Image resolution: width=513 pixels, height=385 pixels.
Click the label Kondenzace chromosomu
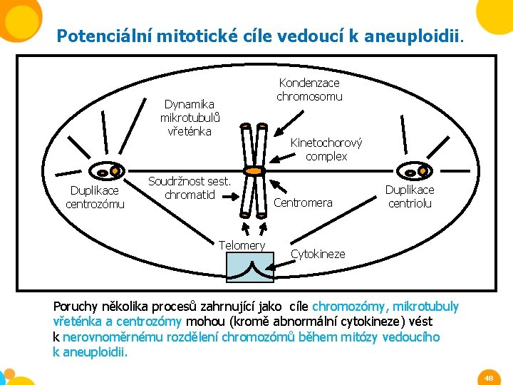pos(309,90)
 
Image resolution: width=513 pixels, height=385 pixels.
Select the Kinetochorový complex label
pos(326,150)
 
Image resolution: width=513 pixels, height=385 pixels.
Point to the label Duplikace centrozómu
pos(95,197)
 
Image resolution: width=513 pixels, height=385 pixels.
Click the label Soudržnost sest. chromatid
pos(189,188)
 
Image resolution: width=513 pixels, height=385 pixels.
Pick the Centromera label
pos(303,203)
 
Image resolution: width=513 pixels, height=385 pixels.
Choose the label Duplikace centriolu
pos(410,197)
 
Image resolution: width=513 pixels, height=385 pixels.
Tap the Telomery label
pos(242,245)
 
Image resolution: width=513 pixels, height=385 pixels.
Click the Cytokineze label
pos(318,254)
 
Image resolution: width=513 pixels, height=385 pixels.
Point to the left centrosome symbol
pos(109,172)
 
